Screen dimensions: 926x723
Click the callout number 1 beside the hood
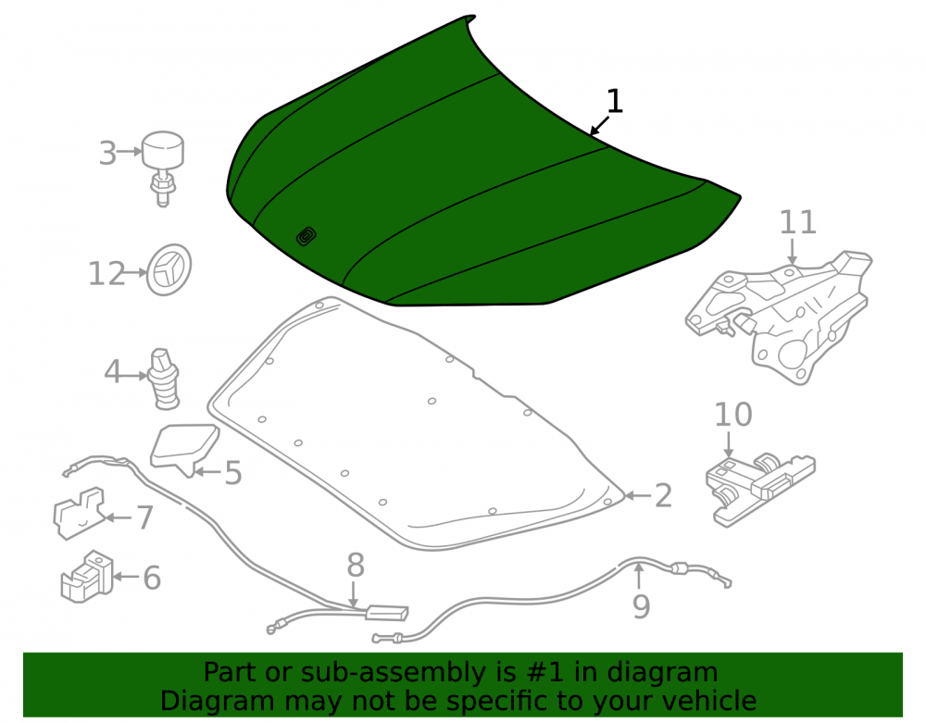pos(615,102)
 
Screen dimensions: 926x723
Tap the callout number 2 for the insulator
pos(663,496)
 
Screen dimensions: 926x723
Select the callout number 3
pos(107,153)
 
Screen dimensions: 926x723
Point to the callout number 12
pos(106,274)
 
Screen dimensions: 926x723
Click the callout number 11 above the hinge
pos(798,222)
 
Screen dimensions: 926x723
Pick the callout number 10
pos(732,415)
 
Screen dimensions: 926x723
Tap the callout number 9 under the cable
pos(642,606)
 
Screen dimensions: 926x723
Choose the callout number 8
pos(355,566)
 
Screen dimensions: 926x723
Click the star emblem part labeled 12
pos(169,269)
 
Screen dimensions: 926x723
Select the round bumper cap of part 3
pos(162,149)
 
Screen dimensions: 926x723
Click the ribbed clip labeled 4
pos(165,379)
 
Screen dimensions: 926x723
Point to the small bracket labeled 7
pos(79,513)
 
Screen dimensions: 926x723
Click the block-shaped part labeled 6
pos(87,577)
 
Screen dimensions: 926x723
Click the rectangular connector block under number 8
pos(387,613)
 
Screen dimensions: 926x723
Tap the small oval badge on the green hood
pos(306,236)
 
